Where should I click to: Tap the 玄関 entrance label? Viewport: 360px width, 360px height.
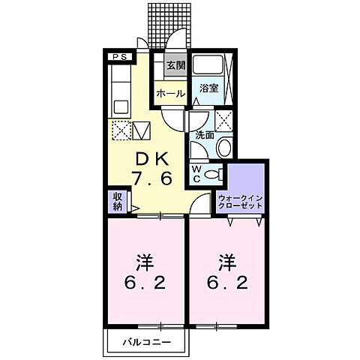(x=176, y=65)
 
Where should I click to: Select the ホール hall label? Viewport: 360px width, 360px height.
(x=171, y=94)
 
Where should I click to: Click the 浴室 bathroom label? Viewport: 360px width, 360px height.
(x=209, y=88)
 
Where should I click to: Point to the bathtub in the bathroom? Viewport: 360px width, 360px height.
(x=208, y=64)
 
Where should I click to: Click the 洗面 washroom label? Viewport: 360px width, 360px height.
(x=205, y=135)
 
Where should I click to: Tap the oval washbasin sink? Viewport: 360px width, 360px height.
(x=224, y=148)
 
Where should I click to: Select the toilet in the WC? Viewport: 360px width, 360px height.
(x=213, y=174)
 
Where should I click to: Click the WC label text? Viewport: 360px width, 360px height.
(x=196, y=174)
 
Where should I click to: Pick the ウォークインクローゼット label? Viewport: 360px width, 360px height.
(x=241, y=202)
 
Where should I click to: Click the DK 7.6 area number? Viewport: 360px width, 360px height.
(x=152, y=178)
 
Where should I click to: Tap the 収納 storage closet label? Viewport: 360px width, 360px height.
(x=117, y=202)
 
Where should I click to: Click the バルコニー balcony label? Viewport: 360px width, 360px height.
(x=147, y=342)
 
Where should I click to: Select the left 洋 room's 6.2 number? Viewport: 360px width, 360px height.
(x=145, y=283)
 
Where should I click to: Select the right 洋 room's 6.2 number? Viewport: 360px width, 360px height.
(x=227, y=283)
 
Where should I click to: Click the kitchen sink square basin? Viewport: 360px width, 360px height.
(x=121, y=107)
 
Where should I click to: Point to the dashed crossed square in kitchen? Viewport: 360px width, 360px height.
(x=121, y=130)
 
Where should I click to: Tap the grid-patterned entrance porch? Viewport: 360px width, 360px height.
(x=169, y=25)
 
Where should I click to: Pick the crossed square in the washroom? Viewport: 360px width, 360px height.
(x=223, y=121)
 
